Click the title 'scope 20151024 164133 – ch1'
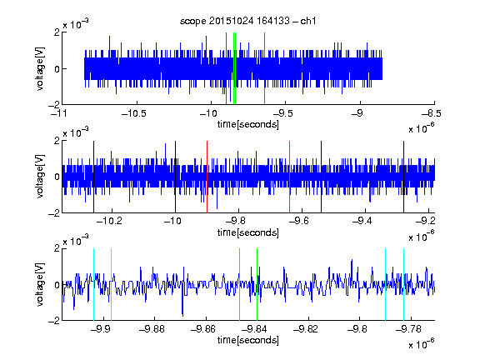coord(247,21)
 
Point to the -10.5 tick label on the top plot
coord(134,114)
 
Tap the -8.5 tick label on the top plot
coord(432,114)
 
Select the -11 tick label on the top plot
coord(58,114)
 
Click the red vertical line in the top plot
coord(226,68)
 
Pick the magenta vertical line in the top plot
coord(264,68)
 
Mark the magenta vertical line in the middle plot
coord(290,177)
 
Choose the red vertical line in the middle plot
coord(207,177)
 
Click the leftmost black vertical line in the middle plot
coord(93,177)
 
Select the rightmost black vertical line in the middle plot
coord(404,177)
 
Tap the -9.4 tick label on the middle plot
coord(362,221)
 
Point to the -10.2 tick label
coord(109,221)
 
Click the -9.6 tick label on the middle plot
coord(298,221)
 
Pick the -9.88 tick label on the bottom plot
coord(152,329)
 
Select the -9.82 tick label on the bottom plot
coord(306,329)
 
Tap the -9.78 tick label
coord(408,329)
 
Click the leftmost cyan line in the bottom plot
coord(93,284)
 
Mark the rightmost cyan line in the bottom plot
coord(404,284)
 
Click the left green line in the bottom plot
coord(240,284)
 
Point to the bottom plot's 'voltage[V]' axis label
coord(40,284)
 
